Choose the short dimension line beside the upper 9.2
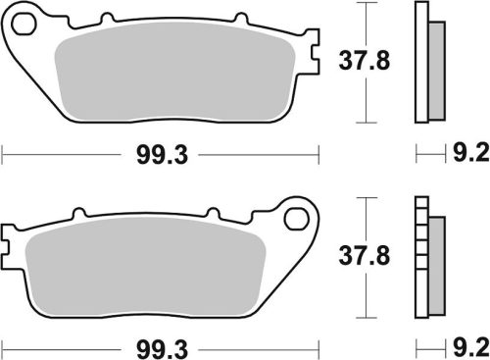pos(428,154)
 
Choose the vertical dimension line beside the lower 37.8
pos(366,257)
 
